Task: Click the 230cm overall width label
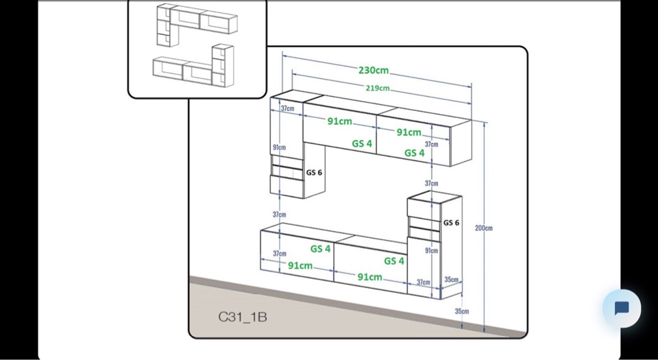pyautogui.click(x=373, y=70)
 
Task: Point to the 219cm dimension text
pyautogui.click(x=377, y=88)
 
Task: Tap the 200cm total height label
pyautogui.click(x=484, y=228)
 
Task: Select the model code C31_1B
pyautogui.click(x=243, y=317)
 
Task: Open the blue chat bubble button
pyautogui.click(x=622, y=308)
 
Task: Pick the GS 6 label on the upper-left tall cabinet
pyautogui.click(x=314, y=173)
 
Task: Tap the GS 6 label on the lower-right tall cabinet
pyautogui.click(x=451, y=223)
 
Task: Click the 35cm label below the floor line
pyautogui.click(x=462, y=311)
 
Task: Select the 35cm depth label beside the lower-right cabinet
pyautogui.click(x=451, y=280)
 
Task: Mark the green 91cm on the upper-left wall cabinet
pyautogui.click(x=339, y=121)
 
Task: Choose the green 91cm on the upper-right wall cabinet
pyautogui.click(x=409, y=132)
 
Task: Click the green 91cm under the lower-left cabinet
pyautogui.click(x=300, y=265)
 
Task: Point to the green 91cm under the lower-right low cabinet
pyautogui.click(x=369, y=277)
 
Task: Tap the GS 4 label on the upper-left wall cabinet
pyautogui.click(x=362, y=144)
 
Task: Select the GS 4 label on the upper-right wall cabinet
pyautogui.click(x=414, y=153)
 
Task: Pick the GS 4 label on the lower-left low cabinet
pyautogui.click(x=320, y=249)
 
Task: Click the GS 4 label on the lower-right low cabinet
pyautogui.click(x=393, y=261)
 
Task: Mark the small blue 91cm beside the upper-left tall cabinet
pyautogui.click(x=279, y=147)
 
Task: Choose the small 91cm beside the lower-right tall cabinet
pyautogui.click(x=431, y=251)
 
